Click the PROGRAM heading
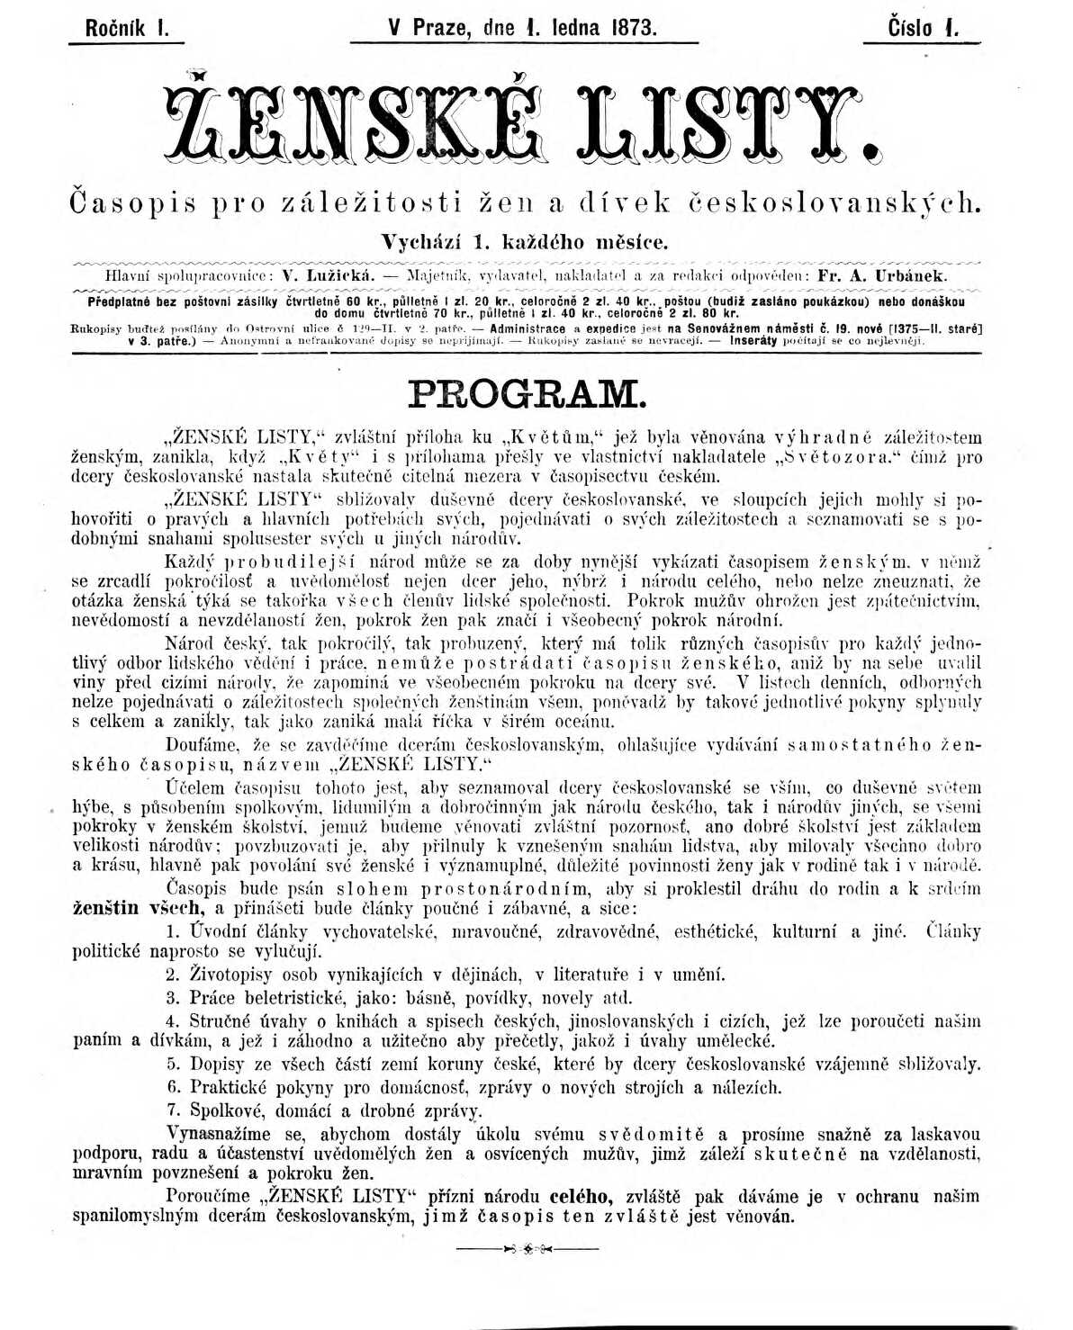point(527,393)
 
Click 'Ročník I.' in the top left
point(127,27)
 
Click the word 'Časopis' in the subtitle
point(132,203)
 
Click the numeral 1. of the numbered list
point(174,931)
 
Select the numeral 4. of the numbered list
point(174,1021)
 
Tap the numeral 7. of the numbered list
point(174,1110)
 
